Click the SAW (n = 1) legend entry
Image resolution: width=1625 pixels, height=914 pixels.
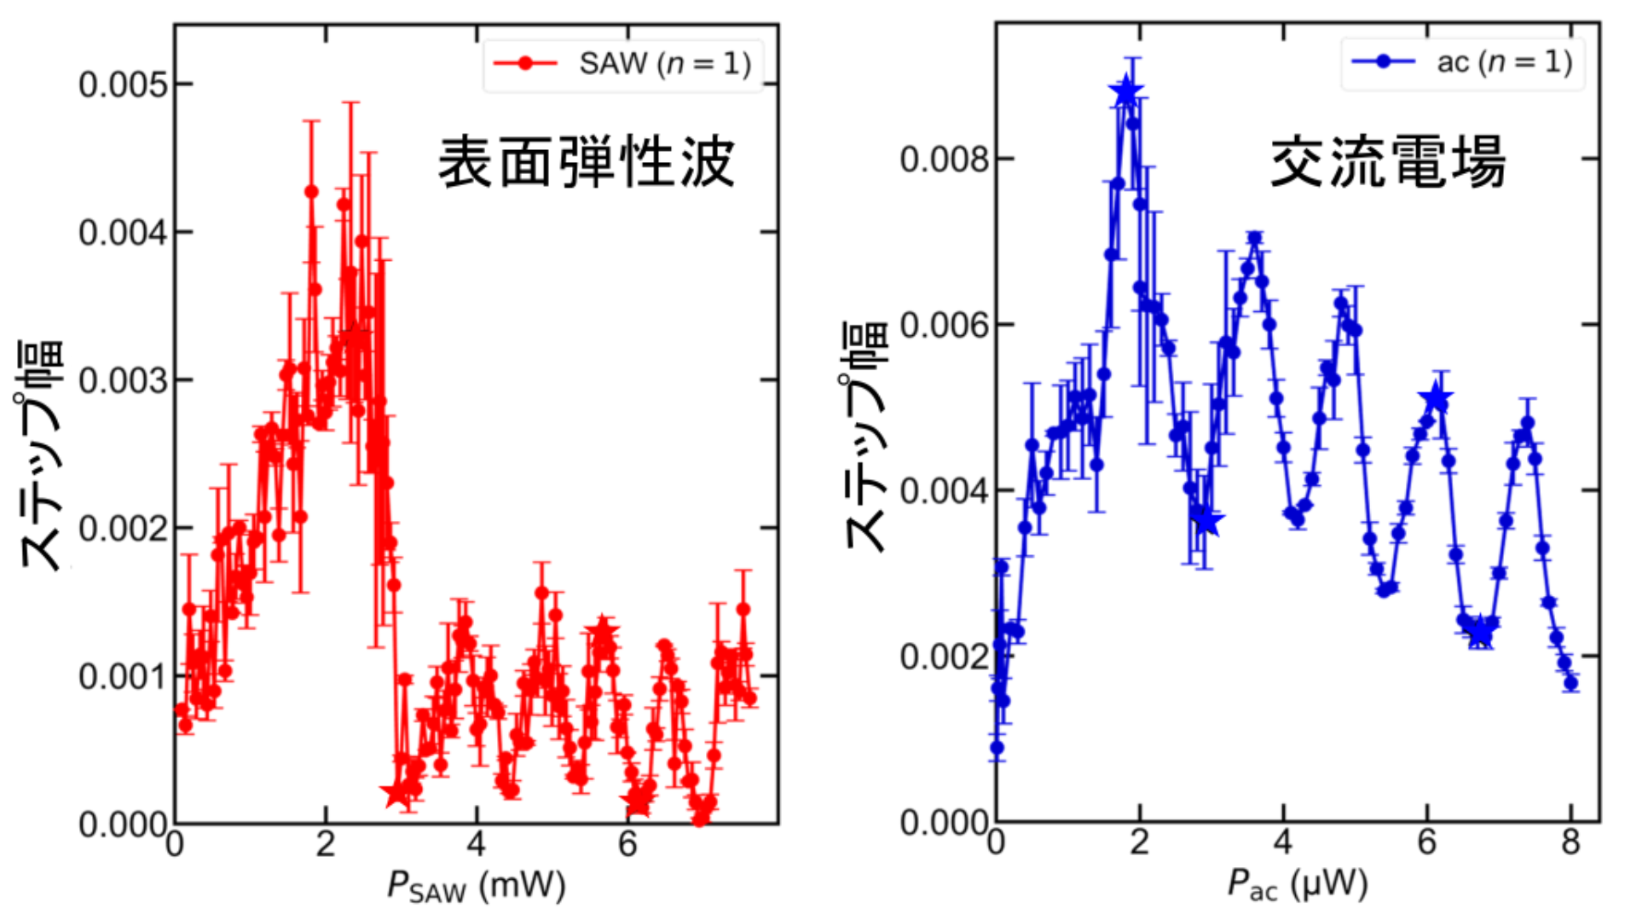coord(622,64)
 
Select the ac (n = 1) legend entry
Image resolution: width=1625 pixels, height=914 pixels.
coord(1463,62)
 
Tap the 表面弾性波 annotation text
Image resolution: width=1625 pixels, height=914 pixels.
coord(586,162)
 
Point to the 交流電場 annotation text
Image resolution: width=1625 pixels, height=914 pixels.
coord(1387,162)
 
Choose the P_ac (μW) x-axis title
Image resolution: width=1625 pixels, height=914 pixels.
coord(1297,885)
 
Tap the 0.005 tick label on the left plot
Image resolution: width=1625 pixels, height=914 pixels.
coord(124,84)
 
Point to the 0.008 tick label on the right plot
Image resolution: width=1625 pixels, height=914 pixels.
coord(945,159)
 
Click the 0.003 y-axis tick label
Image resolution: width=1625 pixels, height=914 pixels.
coord(124,380)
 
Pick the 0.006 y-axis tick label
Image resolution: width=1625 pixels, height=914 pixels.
coord(945,325)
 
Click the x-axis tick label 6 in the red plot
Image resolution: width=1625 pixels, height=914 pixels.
coord(627,844)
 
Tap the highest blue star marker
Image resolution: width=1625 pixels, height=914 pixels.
coord(1126,90)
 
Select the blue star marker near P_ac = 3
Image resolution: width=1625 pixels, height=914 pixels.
coord(1206,520)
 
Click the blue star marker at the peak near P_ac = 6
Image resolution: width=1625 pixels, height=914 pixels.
coord(1437,398)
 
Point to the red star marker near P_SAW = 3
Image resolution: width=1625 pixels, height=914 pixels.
coord(396,794)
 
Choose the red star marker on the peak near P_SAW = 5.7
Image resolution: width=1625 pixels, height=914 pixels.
coord(602,633)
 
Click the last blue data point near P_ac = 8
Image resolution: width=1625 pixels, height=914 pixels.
coord(1570,683)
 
